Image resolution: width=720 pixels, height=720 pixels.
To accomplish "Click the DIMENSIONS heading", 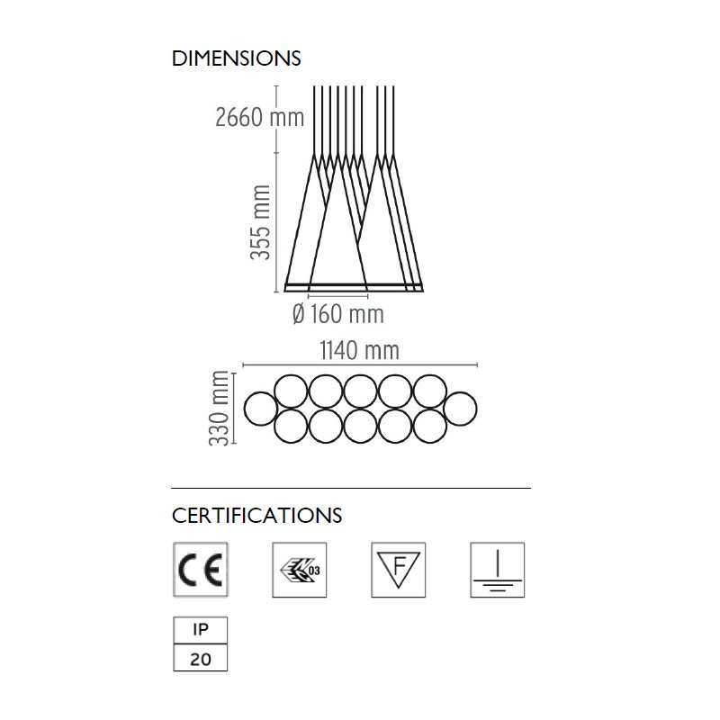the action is (236, 58).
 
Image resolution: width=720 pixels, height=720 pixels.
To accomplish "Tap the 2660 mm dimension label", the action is (259, 117).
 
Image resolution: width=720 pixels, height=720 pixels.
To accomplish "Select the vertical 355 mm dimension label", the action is (260, 221).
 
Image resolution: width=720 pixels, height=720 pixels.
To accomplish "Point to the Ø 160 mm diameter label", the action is (338, 314).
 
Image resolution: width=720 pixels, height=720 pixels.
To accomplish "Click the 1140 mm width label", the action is (359, 350).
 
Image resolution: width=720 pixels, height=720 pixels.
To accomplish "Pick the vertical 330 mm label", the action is (219, 408).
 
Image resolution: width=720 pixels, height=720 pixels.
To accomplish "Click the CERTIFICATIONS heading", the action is (256, 515).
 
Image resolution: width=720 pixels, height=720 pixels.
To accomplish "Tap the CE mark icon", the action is (200, 570).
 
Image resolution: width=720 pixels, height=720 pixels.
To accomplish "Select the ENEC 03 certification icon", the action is (300, 570).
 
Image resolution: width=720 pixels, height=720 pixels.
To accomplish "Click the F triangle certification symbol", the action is (398, 570).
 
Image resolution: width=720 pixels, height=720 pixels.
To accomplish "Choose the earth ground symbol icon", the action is (498, 570).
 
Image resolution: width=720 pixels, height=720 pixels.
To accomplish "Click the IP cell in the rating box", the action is (200, 630).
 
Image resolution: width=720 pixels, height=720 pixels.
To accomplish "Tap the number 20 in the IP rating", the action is (200, 659).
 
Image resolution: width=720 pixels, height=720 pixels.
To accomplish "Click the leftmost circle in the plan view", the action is (261, 409).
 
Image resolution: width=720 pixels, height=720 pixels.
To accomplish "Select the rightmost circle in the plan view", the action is (460, 409).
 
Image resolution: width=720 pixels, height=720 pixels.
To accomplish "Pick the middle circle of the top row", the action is (361, 391).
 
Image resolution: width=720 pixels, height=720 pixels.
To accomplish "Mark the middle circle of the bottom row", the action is (361, 426).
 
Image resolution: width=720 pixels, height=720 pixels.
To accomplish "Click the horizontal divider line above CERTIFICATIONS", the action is (351, 488).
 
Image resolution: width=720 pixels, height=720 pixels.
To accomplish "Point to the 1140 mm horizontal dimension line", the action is (360, 365).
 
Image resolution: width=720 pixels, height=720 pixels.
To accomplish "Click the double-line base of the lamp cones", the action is (354, 287).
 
